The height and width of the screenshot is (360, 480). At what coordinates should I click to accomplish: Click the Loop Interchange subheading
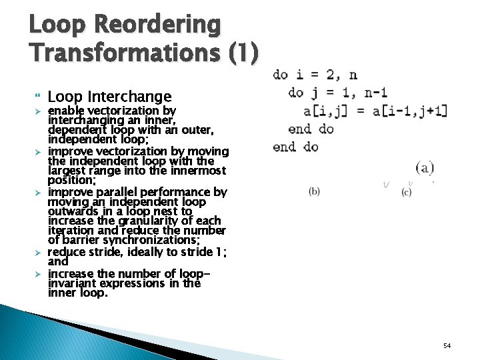coord(110,97)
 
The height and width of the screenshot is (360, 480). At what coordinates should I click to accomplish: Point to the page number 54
coord(447,345)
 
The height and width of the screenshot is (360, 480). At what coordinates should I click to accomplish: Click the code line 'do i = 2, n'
coord(315,75)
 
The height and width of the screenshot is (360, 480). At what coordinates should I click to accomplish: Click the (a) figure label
coord(425,167)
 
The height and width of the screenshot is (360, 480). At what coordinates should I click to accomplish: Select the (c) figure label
coord(407,193)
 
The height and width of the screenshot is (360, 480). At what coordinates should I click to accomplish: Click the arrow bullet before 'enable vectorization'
coord(39,110)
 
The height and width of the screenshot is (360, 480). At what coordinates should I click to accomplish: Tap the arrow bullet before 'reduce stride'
coord(39,252)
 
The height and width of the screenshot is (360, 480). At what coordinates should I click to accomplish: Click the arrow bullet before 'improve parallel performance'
coord(39,192)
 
